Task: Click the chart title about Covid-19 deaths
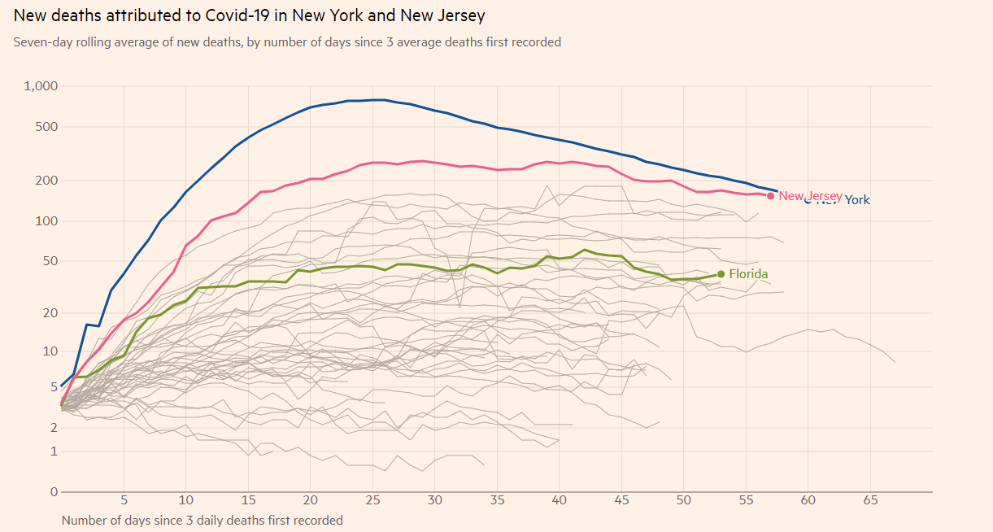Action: click(249, 16)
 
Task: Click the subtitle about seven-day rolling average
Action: click(287, 41)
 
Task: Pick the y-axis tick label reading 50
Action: click(50, 261)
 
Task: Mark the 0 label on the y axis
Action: click(53, 492)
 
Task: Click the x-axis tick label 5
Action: click(124, 500)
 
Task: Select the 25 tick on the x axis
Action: click(372, 500)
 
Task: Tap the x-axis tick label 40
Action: click(560, 500)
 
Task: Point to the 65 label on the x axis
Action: click(870, 500)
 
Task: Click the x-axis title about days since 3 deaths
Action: click(203, 520)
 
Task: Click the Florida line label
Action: click(748, 274)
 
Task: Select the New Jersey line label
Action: click(810, 195)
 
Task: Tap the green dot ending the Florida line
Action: click(721, 274)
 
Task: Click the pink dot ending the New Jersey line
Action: click(770, 195)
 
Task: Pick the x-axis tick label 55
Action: click(746, 500)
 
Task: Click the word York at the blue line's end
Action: click(857, 200)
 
